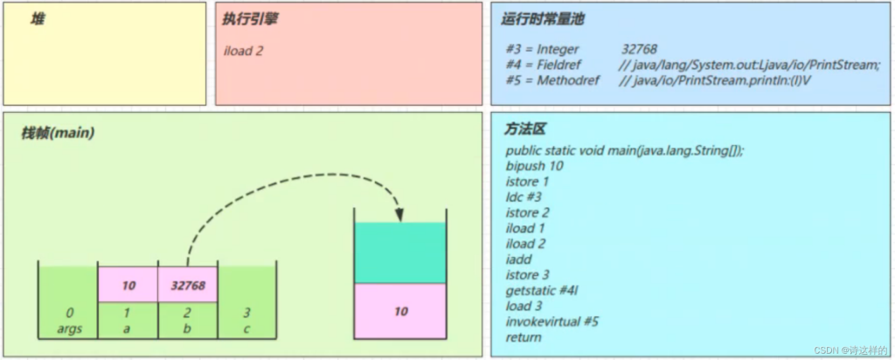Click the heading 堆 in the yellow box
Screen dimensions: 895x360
point(38,19)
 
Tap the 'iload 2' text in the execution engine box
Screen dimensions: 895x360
point(244,51)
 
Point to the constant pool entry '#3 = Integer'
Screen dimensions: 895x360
point(542,49)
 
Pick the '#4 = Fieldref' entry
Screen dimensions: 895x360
point(544,65)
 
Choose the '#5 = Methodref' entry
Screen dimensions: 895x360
point(552,80)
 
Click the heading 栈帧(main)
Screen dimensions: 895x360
point(58,134)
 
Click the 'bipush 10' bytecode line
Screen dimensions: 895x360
point(534,167)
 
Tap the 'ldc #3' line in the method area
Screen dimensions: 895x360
point(524,197)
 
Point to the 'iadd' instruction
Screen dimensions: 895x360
point(519,260)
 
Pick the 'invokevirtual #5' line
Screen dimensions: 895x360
point(552,322)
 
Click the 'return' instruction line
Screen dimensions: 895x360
point(524,337)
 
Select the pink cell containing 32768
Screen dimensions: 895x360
point(188,284)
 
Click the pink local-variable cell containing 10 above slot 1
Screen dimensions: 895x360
point(128,284)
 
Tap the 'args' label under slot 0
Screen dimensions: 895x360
point(69,329)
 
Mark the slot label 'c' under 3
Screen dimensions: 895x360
point(246,329)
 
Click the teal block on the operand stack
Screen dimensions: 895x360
point(399,253)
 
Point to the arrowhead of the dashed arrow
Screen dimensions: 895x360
point(399,215)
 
